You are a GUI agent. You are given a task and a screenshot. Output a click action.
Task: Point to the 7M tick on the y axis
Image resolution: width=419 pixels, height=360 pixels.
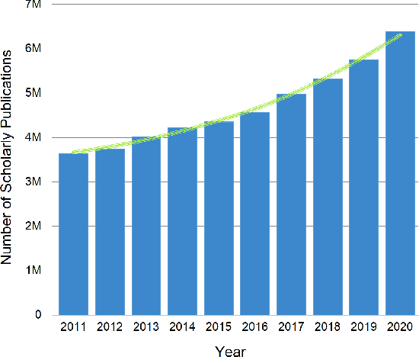pos(33,5)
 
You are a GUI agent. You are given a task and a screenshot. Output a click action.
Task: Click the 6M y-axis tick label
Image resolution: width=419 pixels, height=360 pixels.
pos(33,49)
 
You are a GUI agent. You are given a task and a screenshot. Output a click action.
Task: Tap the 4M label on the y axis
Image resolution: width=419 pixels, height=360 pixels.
pos(33,137)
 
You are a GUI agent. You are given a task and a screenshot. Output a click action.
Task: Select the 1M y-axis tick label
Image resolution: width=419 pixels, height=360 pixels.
pos(33,271)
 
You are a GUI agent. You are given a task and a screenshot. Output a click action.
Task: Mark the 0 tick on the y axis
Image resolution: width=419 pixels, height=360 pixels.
pos(37,315)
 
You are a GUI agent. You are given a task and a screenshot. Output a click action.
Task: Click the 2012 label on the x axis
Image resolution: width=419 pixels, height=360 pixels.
pos(110,328)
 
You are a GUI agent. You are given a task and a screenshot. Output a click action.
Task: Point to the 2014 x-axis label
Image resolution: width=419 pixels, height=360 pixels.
pos(182,328)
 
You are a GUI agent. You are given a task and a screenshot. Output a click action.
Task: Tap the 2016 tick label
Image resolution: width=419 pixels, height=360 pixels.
pos(254,328)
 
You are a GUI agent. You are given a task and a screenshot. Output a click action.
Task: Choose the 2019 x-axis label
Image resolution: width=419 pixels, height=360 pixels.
pos(363,328)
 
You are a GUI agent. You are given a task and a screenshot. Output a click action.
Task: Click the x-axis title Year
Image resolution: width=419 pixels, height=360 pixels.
pos(229,351)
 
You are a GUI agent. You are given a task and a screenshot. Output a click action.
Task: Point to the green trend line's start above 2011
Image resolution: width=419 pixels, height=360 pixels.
pos(73,152)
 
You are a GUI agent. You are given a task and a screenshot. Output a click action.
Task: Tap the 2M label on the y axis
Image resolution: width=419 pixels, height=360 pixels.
pos(33,227)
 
